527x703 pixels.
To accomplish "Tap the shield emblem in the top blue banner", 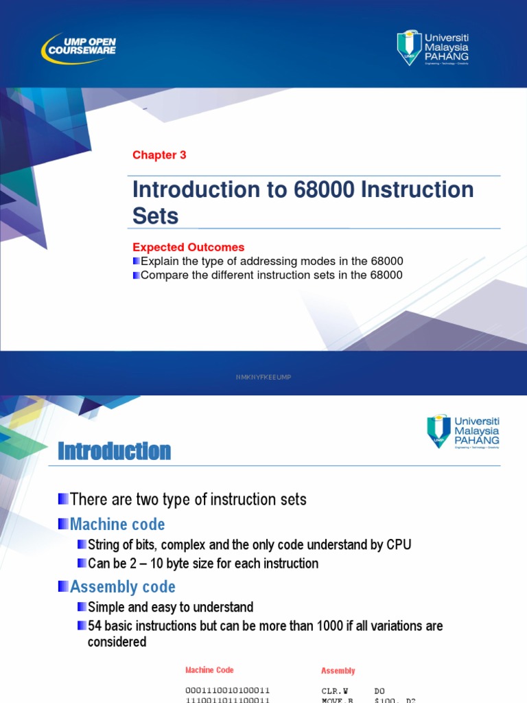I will [410, 47].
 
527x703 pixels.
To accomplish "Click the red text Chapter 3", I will [159, 155].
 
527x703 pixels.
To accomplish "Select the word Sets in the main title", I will [155, 216].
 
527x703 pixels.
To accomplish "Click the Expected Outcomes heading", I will [188, 247].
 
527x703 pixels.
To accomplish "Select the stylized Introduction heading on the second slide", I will [115, 451].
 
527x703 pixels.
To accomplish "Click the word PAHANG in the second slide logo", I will [477, 440].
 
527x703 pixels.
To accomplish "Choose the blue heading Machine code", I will [117, 525].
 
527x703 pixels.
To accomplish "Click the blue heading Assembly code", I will [123, 587].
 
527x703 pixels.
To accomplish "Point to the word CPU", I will [398, 545].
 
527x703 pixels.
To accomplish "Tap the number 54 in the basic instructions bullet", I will [95, 626].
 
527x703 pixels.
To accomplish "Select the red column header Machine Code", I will [209, 670].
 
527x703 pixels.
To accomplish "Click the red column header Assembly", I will [338, 671].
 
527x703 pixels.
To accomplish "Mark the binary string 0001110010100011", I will [227, 690].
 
